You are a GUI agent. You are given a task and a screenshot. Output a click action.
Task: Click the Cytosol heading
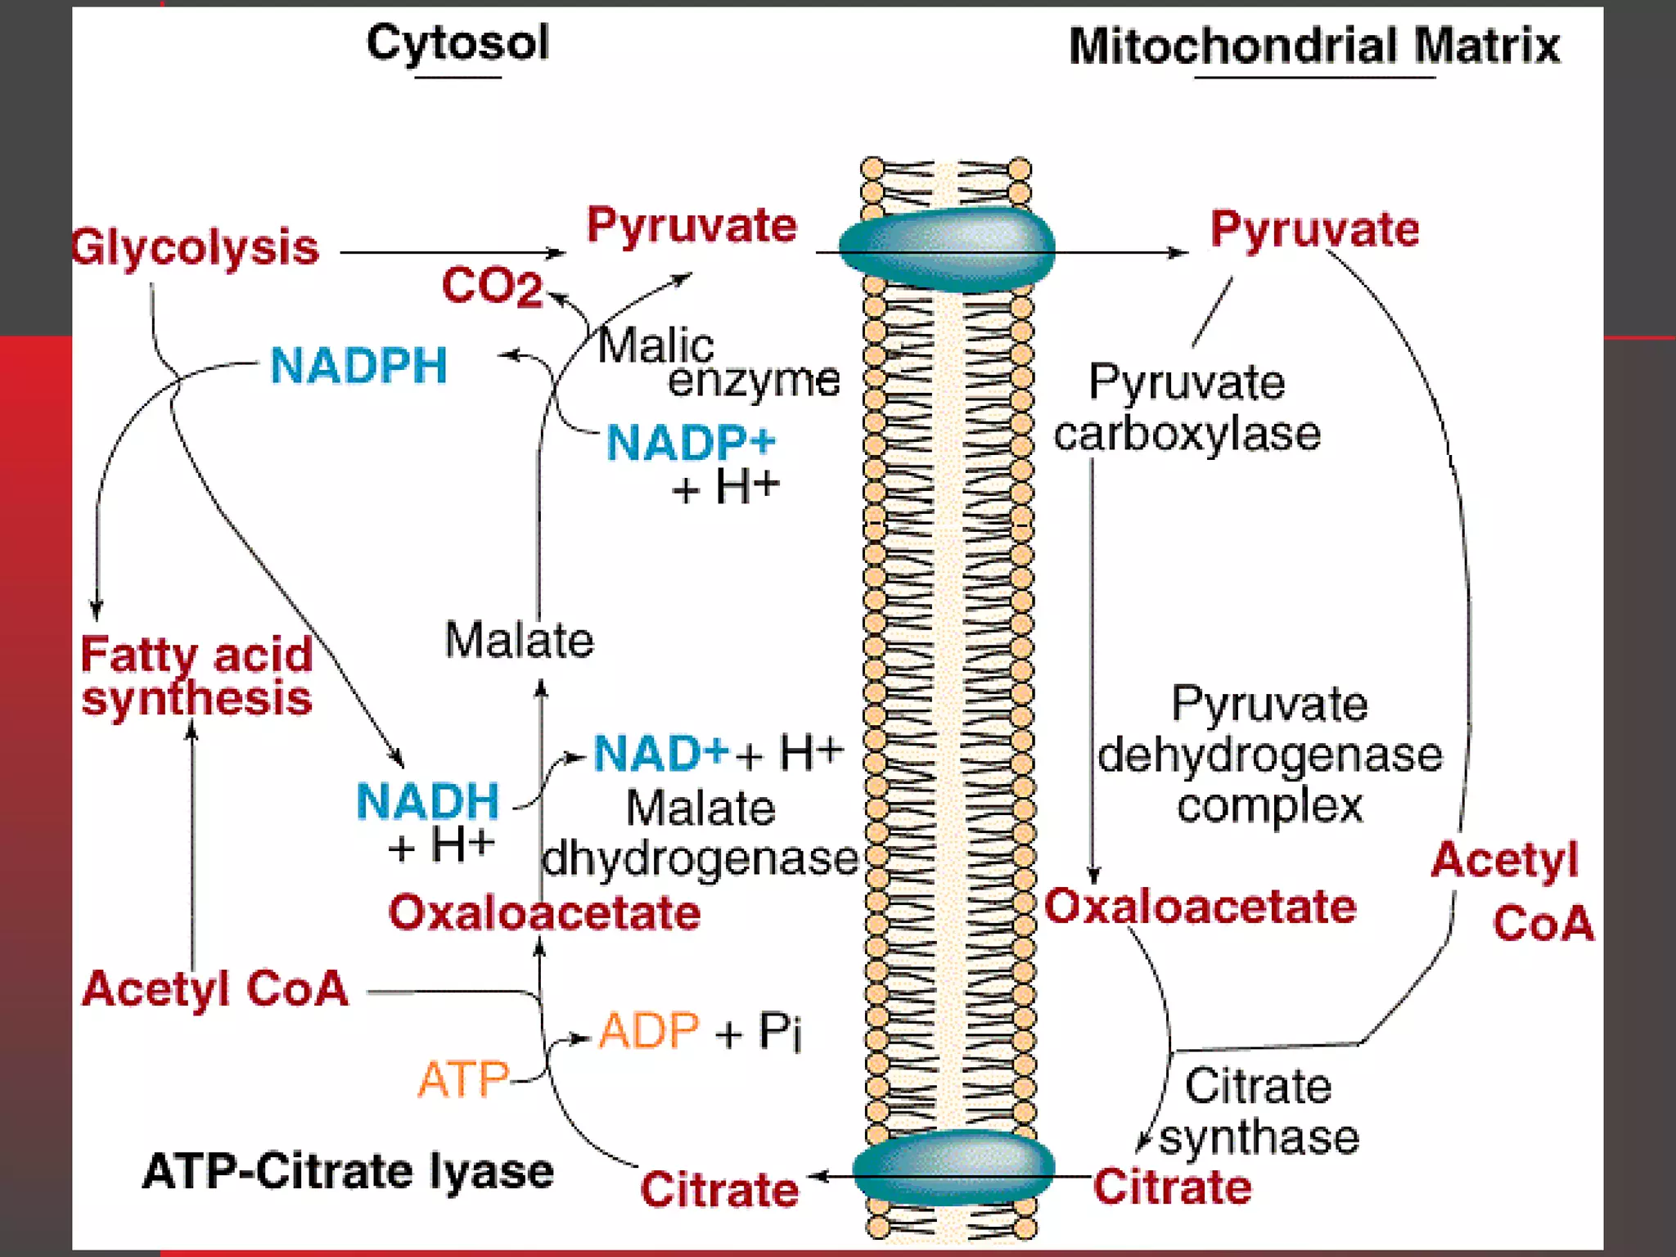(457, 43)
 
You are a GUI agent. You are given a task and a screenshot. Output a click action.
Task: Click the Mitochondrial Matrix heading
(1313, 46)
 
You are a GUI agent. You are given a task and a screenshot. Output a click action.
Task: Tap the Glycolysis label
(195, 247)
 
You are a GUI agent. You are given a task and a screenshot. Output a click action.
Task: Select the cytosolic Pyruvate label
(692, 226)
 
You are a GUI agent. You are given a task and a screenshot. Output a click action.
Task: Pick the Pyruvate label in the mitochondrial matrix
(1314, 229)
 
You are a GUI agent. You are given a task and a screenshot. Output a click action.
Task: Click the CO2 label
(492, 286)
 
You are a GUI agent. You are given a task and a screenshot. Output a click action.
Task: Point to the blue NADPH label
(358, 365)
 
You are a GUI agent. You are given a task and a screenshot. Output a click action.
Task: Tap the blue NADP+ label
(690, 443)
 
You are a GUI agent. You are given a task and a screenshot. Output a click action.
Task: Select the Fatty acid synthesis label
(196, 676)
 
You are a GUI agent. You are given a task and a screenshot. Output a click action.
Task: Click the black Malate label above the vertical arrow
(519, 640)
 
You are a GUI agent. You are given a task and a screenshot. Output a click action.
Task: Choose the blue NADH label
(427, 800)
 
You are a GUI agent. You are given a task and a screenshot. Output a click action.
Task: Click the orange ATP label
(463, 1079)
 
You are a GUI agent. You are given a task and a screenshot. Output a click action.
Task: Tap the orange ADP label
(649, 1030)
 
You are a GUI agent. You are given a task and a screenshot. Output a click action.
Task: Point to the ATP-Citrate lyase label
(348, 1171)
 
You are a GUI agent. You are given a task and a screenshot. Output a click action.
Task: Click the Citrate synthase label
(1259, 1111)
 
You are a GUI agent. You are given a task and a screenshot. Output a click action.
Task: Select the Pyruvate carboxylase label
(1187, 408)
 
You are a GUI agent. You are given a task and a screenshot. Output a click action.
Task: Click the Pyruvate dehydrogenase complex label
(1269, 755)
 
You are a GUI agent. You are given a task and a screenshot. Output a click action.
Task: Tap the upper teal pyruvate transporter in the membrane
(947, 250)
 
